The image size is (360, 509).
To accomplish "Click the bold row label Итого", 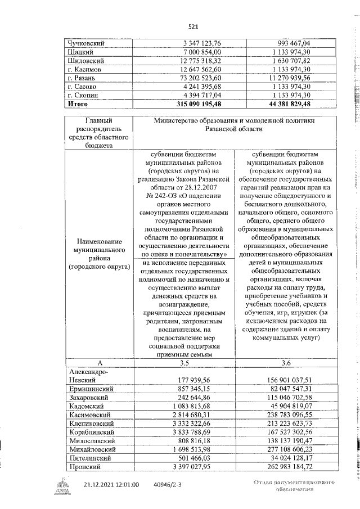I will coord(78,104).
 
